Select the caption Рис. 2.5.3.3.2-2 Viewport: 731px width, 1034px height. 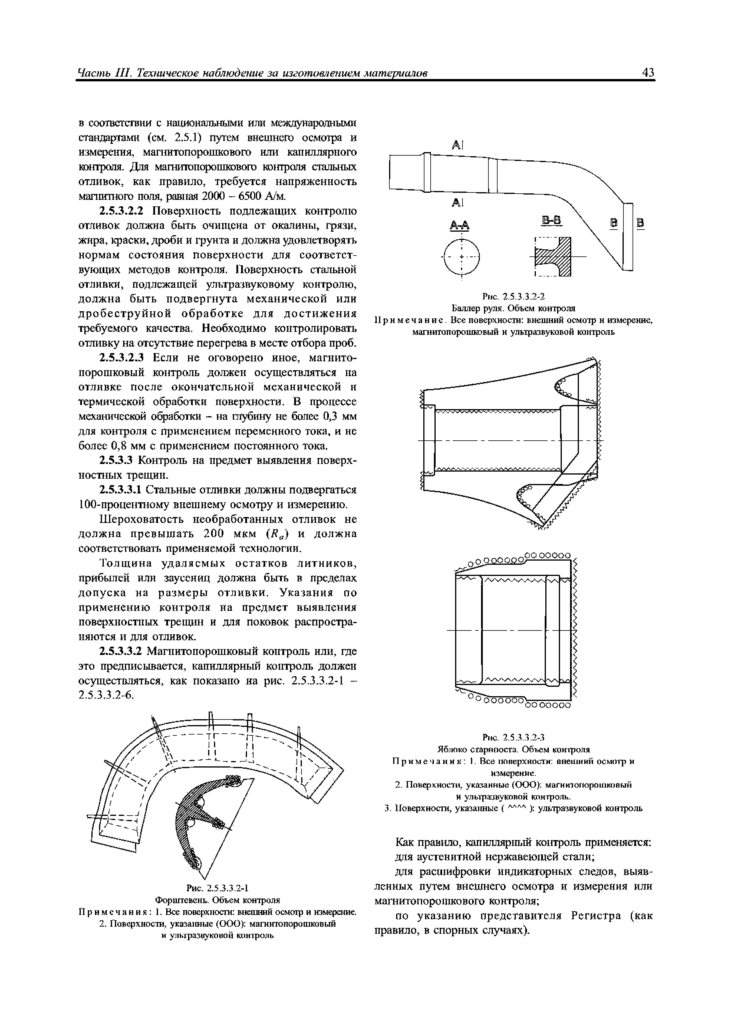(x=513, y=296)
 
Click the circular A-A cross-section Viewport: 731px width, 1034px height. (x=462, y=258)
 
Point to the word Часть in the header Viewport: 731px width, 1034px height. (x=92, y=73)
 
